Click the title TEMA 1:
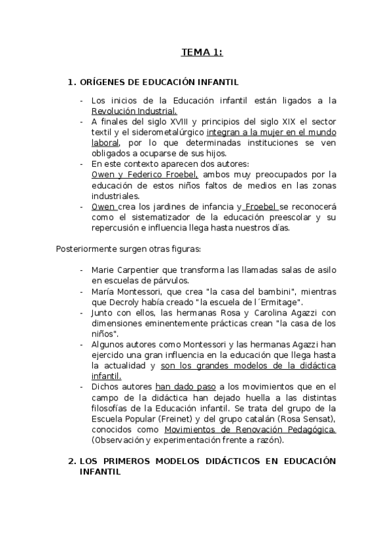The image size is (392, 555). point(202,52)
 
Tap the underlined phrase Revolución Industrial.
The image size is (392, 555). point(134,111)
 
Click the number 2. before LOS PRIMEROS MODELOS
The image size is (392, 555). point(72,461)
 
